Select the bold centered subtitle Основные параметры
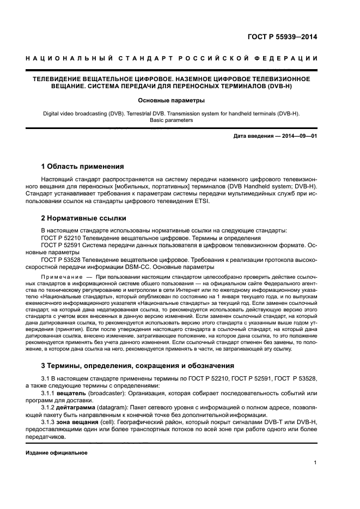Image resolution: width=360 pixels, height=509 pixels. coord(171,100)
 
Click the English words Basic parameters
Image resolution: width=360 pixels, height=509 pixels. coord(171,120)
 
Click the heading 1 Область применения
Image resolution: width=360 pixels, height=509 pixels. coord(83,166)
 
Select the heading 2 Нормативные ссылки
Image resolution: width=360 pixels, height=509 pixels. coord(84,218)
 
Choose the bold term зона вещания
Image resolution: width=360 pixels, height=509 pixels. coord(76,422)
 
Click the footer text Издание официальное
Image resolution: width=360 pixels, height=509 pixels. coord(57,452)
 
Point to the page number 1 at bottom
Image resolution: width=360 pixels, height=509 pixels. coord(315,463)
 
